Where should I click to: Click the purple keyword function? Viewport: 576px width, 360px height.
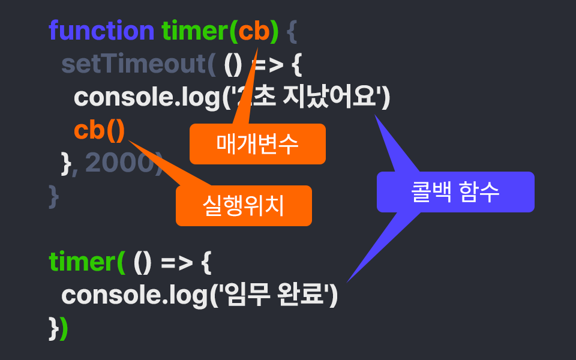[x=101, y=31]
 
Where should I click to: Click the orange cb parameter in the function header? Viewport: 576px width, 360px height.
[x=254, y=31]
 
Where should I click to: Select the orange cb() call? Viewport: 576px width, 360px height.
[x=100, y=130]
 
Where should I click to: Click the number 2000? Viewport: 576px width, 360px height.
[x=119, y=163]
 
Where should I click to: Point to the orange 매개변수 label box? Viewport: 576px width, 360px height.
[x=257, y=144]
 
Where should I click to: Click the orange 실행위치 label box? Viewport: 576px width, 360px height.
[x=244, y=206]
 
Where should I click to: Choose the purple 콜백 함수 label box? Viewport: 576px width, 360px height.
[x=455, y=192]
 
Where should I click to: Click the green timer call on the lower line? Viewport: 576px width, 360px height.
[x=82, y=262]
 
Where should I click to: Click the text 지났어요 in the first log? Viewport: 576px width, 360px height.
[x=336, y=97]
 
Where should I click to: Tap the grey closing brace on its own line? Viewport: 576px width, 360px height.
[x=54, y=196]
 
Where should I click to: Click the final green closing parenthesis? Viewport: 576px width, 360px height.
[x=64, y=328]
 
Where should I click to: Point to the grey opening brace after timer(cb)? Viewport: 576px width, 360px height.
[x=292, y=31]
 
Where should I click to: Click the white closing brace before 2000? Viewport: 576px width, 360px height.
[x=66, y=163]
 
